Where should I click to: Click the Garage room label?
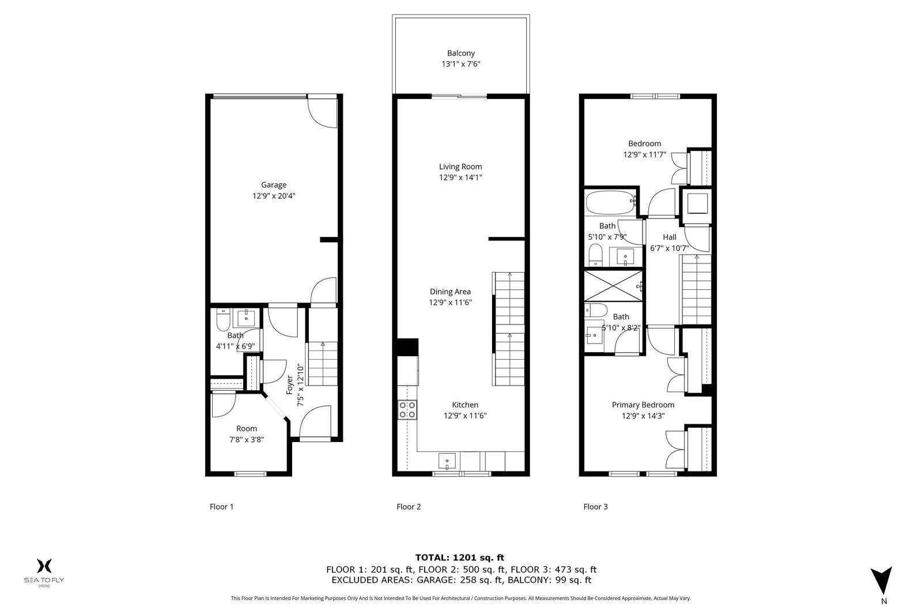click(x=274, y=185)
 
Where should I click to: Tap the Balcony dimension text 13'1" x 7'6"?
click(x=461, y=64)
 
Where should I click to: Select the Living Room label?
click(x=460, y=167)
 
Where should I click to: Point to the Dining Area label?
click(x=450, y=292)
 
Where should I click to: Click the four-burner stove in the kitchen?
click(x=407, y=410)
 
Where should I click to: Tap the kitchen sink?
click(x=447, y=461)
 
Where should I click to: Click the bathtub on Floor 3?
click(x=611, y=202)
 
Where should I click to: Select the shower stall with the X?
click(x=613, y=286)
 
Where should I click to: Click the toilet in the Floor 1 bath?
click(x=222, y=319)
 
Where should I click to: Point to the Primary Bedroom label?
click(x=643, y=405)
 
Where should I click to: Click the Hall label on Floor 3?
click(x=669, y=237)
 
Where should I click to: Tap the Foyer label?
click(x=290, y=384)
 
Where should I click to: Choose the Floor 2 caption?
click(x=409, y=507)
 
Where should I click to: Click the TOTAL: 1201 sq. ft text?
click(x=460, y=558)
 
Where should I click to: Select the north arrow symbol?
click(x=881, y=580)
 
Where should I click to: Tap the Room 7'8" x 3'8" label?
click(x=247, y=434)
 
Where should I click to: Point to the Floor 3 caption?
click(x=596, y=507)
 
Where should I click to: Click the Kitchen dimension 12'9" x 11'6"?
click(x=465, y=416)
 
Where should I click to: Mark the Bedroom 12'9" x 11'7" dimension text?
click(x=645, y=155)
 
